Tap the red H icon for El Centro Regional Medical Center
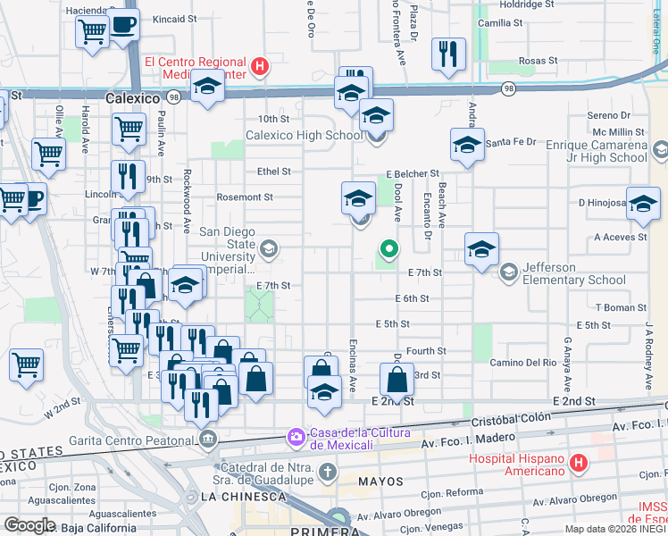coord(259,65)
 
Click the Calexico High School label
coord(305,136)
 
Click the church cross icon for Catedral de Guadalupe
coord(328,471)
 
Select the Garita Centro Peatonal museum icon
coord(209,439)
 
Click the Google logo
coord(29,525)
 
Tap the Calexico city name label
coord(132,97)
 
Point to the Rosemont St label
coord(244,197)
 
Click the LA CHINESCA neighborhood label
coord(234,496)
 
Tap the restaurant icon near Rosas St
coord(448,53)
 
